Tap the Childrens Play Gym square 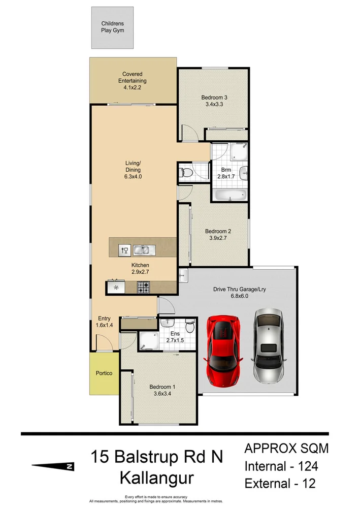[x=112, y=27]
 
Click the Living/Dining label [x=133, y=166]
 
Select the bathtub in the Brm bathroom [x=228, y=196]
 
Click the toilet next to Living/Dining [x=186, y=173]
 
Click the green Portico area [x=104, y=373]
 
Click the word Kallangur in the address [x=156, y=478]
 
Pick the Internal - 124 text [x=285, y=466]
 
